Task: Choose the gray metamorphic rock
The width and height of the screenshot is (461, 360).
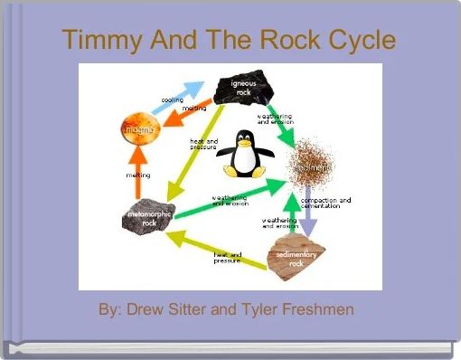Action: tap(143, 220)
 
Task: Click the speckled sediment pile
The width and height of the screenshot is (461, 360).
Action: tap(312, 163)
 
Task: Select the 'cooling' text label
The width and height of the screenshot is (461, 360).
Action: tap(172, 100)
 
